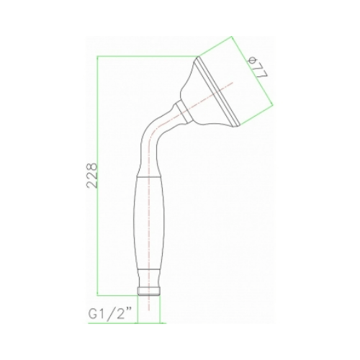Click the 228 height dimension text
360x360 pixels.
click(93, 176)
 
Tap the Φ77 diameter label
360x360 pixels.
click(255, 67)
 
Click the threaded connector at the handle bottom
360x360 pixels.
click(149, 291)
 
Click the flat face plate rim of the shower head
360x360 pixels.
click(218, 91)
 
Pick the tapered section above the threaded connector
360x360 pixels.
click(149, 278)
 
